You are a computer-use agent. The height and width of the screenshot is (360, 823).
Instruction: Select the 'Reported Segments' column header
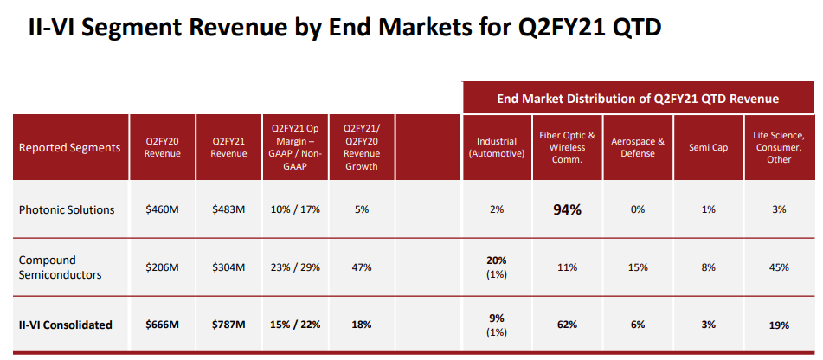click(x=69, y=147)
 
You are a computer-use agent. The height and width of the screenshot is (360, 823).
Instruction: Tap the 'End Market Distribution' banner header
click(x=638, y=99)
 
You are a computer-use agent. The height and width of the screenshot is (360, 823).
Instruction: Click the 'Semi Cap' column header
click(x=708, y=147)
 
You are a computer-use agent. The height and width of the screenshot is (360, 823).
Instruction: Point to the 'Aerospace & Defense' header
click(x=638, y=147)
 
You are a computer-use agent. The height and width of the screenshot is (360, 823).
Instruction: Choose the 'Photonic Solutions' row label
click(x=68, y=209)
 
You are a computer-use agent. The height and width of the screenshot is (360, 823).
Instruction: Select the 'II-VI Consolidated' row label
click(x=66, y=325)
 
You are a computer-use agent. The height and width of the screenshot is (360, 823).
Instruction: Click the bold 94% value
click(x=567, y=209)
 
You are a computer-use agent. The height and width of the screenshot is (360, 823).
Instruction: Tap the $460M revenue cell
click(x=163, y=209)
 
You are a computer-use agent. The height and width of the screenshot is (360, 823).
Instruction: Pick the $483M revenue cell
click(x=228, y=209)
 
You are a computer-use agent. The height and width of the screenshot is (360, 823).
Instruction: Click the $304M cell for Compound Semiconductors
click(x=228, y=267)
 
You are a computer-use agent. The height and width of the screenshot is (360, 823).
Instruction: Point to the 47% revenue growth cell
click(x=362, y=267)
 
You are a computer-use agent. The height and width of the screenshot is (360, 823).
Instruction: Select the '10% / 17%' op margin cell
click(x=295, y=209)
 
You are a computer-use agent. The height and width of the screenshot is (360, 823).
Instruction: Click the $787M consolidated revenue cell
click(x=228, y=325)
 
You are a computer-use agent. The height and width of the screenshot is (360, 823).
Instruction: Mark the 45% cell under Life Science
click(x=778, y=267)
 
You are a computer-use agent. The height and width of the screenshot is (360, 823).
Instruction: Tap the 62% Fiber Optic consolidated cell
click(x=567, y=325)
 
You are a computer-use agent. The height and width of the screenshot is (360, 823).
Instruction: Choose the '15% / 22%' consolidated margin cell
click(x=295, y=325)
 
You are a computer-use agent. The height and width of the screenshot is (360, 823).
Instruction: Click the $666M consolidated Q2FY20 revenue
click(x=163, y=325)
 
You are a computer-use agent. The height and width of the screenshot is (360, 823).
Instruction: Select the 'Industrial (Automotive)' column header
click(x=497, y=147)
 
